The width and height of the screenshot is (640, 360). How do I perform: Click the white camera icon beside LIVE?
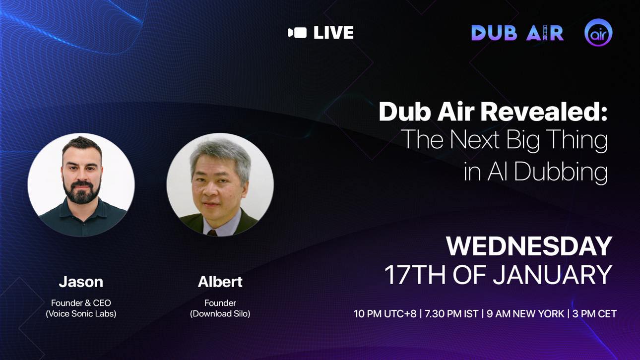click(x=297, y=33)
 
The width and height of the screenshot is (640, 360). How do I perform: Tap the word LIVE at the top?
click(x=333, y=33)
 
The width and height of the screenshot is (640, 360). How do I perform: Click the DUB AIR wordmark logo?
click(x=517, y=33)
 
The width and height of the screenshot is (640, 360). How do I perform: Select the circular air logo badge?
click(x=598, y=32)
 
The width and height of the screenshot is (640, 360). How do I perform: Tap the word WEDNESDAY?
click(x=529, y=246)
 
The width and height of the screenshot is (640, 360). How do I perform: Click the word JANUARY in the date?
click(x=552, y=275)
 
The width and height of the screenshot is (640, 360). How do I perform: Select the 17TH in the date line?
click(x=415, y=275)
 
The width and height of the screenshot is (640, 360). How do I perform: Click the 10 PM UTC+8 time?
click(x=385, y=314)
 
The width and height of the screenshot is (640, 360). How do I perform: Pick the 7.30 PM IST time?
click(x=451, y=314)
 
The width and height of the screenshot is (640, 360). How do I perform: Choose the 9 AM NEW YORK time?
click(x=525, y=314)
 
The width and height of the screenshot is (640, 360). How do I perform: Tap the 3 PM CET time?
click(x=594, y=314)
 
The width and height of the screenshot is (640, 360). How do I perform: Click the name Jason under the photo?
click(x=81, y=282)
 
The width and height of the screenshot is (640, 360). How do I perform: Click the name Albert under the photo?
click(x=220, y=282)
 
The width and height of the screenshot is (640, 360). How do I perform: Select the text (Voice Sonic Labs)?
click(x=81, y=314)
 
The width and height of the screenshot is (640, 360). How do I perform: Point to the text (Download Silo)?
click(x=220, y=314)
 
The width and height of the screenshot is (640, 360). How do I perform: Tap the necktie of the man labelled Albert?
click(x=212, y=233)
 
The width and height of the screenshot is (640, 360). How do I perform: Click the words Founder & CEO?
click(x=81, y=303)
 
